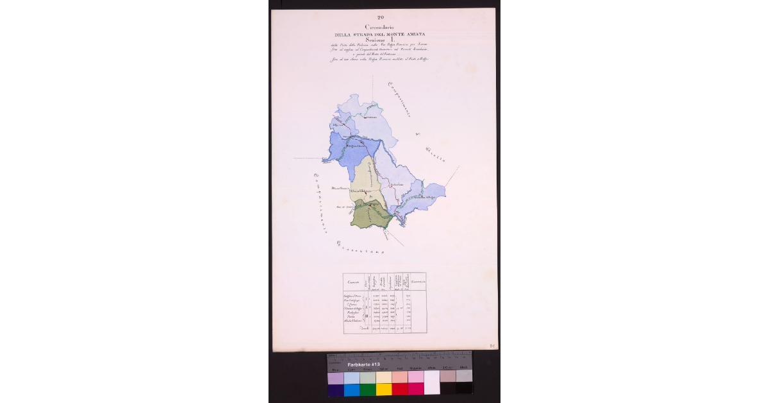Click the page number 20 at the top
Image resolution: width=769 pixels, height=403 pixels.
pos(381,17)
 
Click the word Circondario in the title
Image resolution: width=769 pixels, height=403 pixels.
pos(381,26)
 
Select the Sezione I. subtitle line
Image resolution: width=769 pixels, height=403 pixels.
pos(381,40)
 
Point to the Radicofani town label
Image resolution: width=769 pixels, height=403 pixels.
pos(397,185)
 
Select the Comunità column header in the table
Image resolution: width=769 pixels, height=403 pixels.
pos(353,283)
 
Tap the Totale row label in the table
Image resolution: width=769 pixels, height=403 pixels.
pos(354,327)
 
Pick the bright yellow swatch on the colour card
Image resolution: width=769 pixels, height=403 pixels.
pos(383,389)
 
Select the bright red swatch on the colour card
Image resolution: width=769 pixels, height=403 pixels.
pos(399,389)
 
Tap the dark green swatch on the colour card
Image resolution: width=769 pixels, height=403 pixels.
pos(367,389)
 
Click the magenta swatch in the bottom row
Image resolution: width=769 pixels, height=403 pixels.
pos(415,389)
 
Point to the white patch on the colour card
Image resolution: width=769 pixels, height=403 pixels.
pos(432,382)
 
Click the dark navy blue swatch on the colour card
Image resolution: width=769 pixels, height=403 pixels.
pos(335,389)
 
